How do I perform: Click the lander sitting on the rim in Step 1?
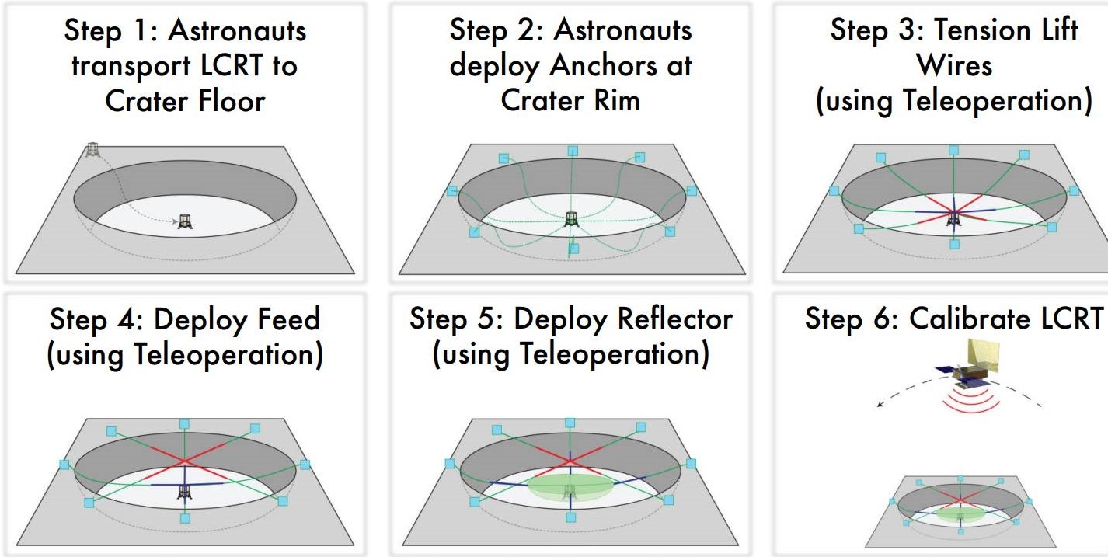point(93,148)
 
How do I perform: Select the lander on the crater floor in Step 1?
point(185,221)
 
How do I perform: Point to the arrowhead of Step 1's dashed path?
point(175,222)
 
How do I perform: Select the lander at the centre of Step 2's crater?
point(571,220)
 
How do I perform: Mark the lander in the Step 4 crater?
point(184,491)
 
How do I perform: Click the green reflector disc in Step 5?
point(570,488)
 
